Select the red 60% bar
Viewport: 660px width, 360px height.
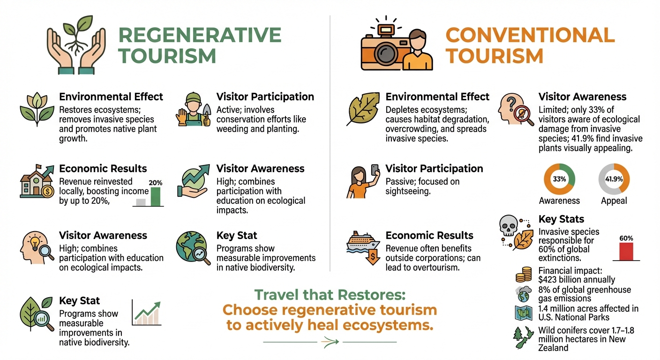click(x=626, y=251)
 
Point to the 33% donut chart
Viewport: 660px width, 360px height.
click(x=559, y=179)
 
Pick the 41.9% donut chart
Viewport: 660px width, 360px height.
click(x=614, y=179)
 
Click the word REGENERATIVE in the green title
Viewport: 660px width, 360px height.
click(x=200, y=35)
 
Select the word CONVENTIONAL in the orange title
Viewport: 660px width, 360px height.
click(x=530, y=35)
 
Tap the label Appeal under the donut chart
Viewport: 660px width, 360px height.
click(x=614, y=201)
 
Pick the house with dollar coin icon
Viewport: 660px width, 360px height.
click(x=37, y=183)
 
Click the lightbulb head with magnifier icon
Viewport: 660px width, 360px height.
click(x=37, y=249)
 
